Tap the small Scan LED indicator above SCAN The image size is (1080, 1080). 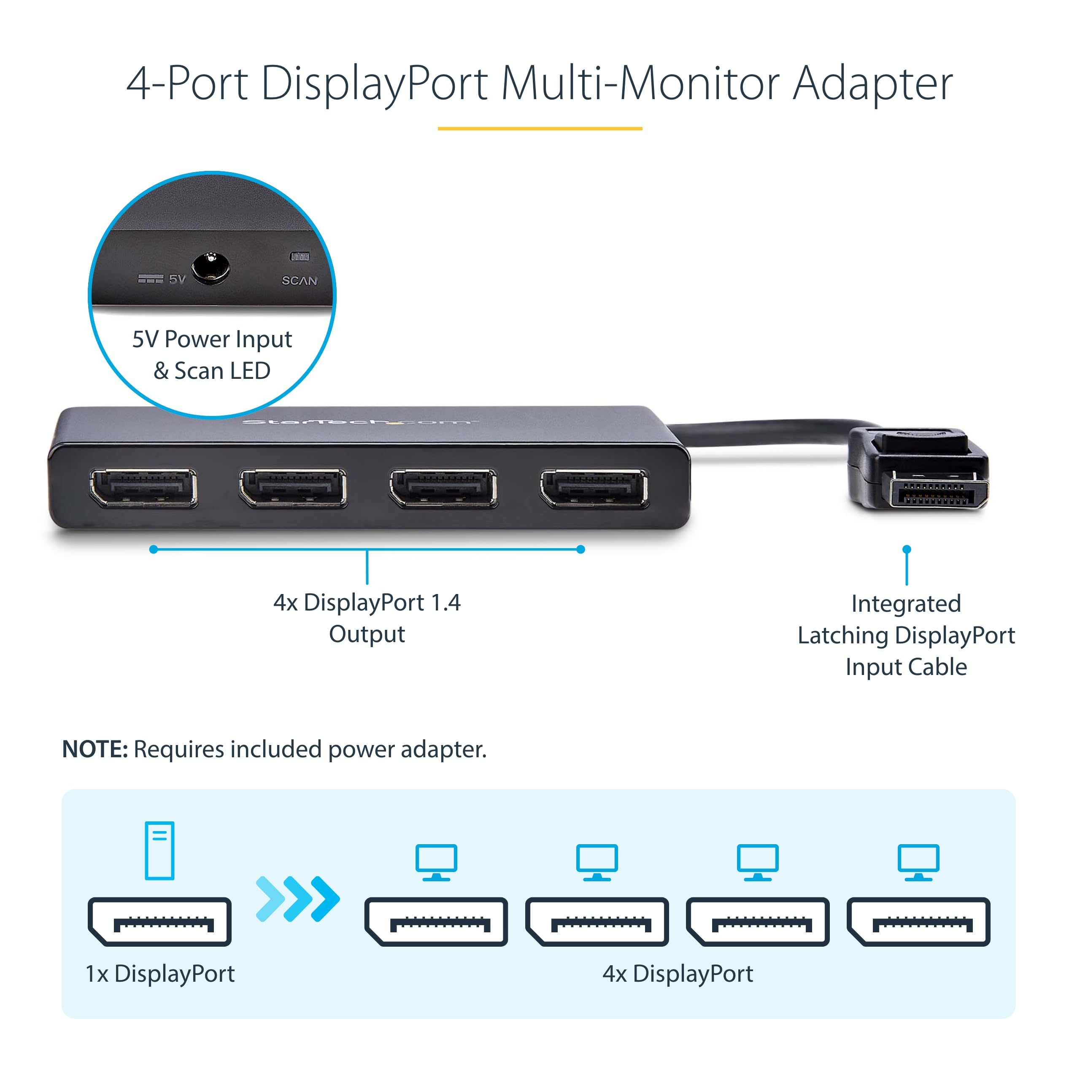(x=300, y=256)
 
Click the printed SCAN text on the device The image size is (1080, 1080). (x=299, y=281)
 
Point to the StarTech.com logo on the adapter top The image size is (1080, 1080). (x=358, y=421)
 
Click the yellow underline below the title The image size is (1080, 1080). (x=540, y=129)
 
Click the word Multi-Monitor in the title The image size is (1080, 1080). (x=640, y=84)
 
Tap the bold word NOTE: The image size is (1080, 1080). (x=95, y=749)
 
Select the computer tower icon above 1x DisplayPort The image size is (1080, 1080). (x=159, y=850)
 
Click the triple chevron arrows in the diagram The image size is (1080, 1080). (x=297, y=899)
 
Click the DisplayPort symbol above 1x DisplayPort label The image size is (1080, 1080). (x=159, y=922)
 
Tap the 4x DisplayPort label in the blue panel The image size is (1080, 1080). (x=678, y=974)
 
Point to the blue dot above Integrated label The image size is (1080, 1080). (x=907, y=550)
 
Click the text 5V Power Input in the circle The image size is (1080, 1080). (x=212, y=339)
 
